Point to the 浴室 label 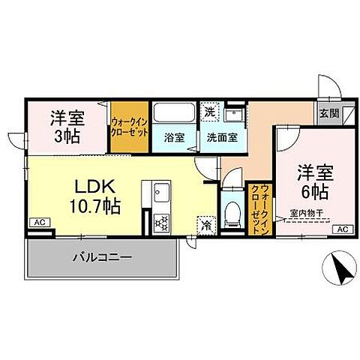pyautogui.click(x=174, y=138)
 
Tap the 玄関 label pyautogui.click(x=328, y=114)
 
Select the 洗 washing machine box pyautogui.click(x=211, y=110)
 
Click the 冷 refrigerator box pyautogui.click(x=205, y=223)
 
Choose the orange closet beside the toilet pyautogui.click(x=258, y=209)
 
